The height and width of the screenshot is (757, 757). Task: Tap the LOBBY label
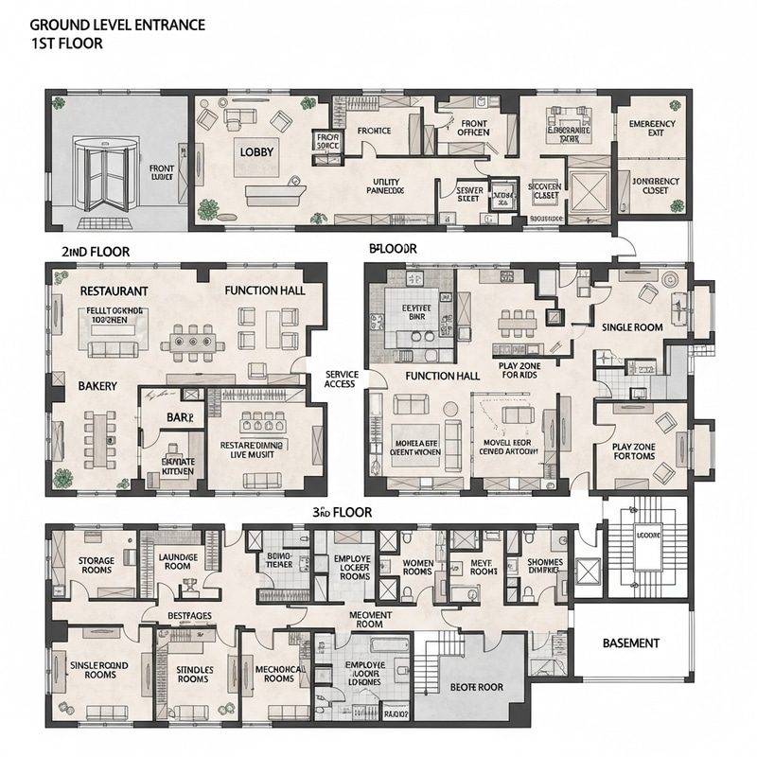(x=255, y=152)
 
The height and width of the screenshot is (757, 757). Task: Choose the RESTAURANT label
(x=114, y=290)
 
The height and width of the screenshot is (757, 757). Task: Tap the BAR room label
(x=179, y=416)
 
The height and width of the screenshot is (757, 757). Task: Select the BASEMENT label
(x=631, y=643)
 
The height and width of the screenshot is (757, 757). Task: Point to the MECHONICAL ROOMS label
(x=278, y=673)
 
